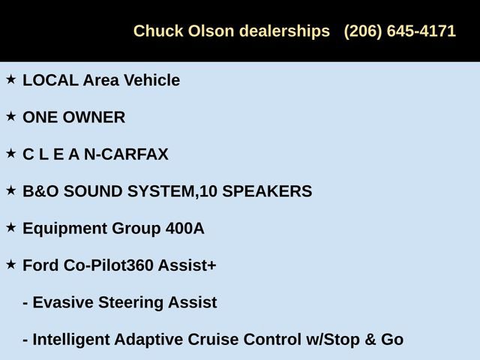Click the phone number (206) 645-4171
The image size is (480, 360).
[x=400, y=31]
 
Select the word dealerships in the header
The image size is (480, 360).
[x=285, y=31]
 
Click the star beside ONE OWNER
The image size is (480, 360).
[x=10, y=116]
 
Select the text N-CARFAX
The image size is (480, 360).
[x=127, y=154]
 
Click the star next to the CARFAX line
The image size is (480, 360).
[x=10, y=153]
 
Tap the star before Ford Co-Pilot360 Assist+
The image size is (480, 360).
[x=10, y=264]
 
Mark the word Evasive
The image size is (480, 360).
[x=64, y=303]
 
